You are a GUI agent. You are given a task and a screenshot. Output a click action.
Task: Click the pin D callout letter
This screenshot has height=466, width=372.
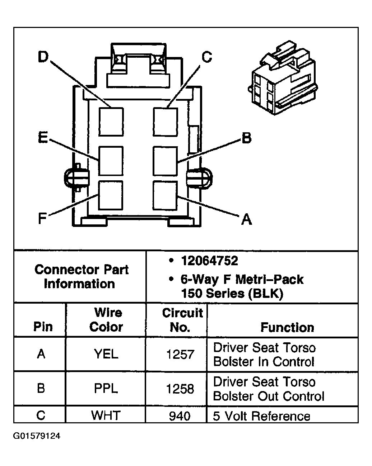(43, 57)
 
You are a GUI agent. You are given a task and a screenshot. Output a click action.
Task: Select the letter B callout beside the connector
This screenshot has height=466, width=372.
(246, 138)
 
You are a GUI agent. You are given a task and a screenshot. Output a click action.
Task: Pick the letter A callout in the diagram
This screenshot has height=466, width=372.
(246, 218)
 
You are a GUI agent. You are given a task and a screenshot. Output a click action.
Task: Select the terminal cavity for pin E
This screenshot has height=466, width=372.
(111, 161)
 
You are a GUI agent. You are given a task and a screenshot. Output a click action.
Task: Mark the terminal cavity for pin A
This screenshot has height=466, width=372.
(165, 195)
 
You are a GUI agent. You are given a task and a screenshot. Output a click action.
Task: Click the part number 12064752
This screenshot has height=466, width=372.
(209, 261)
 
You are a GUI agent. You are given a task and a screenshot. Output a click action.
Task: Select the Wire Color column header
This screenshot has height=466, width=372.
(106, 320)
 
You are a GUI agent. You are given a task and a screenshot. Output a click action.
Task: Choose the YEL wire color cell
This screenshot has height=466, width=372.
(106, 354)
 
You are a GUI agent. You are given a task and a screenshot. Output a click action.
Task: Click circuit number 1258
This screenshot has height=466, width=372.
(180, 389)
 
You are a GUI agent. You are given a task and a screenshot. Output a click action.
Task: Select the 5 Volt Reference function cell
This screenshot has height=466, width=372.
(261, 416)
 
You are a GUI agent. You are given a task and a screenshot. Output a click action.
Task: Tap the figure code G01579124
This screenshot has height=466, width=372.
(37, 436)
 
